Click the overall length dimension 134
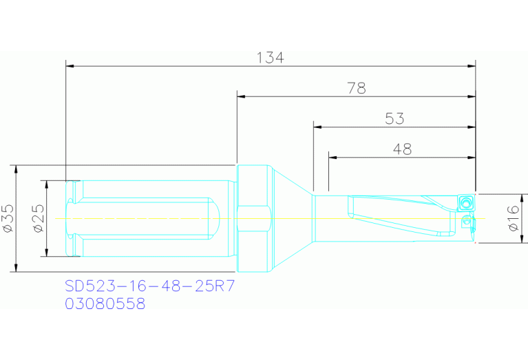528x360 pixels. [x=271, y=58]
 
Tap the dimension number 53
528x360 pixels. [x=394, y=118]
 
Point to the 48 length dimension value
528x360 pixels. [x=402, y=149]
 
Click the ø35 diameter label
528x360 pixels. [x=8, y=218]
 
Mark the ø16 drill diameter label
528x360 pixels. [x=513, y=218]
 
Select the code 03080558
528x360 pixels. [x=105, y=304]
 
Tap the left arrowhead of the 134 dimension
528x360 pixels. [x=70, y=66]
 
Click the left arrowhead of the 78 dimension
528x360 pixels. [x=241, y=96]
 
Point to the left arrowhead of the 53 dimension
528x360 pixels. [x=317, y=127]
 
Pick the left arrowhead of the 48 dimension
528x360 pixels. [x=332, y=157]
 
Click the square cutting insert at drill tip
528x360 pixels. [x=465, y=203]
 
